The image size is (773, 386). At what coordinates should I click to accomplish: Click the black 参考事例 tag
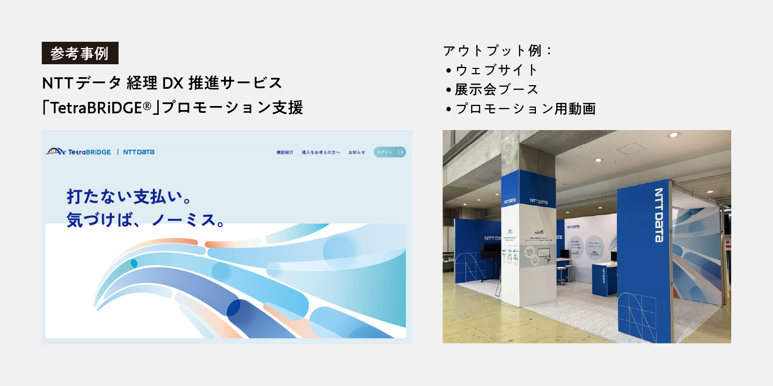80,53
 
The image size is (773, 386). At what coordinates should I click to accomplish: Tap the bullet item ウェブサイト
496,70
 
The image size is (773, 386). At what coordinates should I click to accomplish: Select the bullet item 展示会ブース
496,89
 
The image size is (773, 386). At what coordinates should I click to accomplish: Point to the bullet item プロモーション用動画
525,109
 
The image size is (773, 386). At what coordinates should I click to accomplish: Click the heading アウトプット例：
498,51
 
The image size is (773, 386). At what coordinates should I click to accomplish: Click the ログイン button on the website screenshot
390,152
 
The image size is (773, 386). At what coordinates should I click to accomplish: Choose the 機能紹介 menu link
285,153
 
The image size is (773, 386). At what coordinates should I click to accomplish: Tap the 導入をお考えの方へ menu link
321,153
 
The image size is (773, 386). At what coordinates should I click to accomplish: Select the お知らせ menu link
357,153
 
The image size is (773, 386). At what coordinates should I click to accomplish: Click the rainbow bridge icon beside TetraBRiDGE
56,151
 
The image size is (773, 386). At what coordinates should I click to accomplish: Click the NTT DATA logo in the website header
138,152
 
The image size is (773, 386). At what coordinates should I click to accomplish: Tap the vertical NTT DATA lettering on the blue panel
659,215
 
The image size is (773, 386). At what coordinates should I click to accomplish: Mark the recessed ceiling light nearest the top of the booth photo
674,135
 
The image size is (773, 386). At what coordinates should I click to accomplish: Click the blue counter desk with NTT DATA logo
605,278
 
